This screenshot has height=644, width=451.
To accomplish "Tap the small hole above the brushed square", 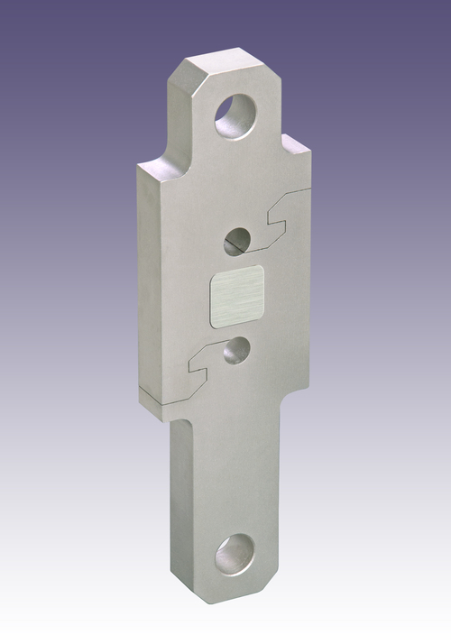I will point(239,239).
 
